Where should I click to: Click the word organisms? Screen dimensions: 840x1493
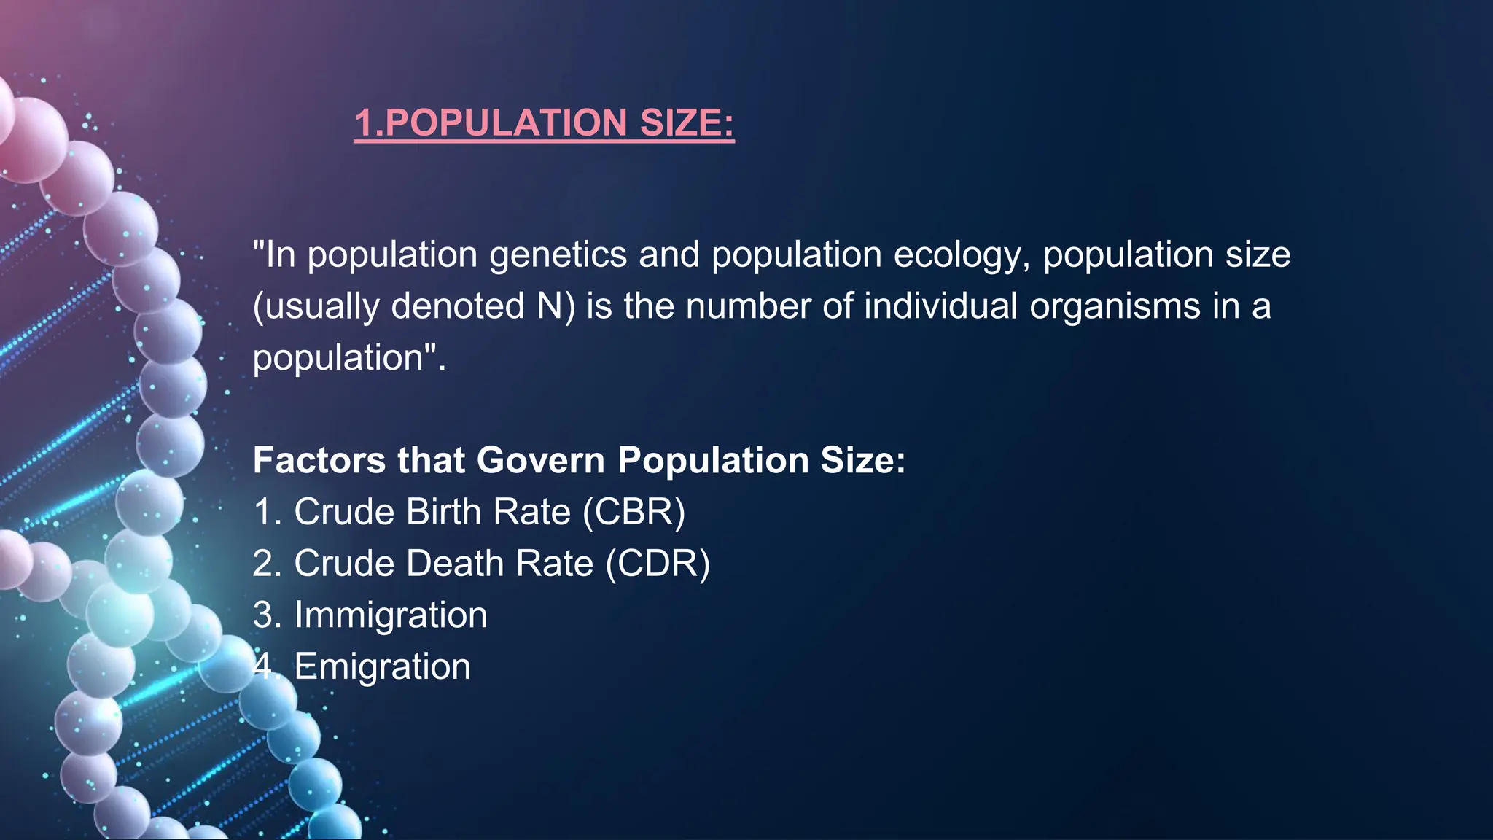(x=1115, y=306)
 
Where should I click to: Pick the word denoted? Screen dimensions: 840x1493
(x=458, y=306)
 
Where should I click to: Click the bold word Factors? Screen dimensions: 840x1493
(x=319, y=461)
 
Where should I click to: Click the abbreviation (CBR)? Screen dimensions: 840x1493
(x=634, y=512)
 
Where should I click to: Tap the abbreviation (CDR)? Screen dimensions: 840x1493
(x=658, y=564)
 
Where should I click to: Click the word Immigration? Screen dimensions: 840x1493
(x=391, y=615)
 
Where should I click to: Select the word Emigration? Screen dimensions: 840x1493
(x=383, y=666)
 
